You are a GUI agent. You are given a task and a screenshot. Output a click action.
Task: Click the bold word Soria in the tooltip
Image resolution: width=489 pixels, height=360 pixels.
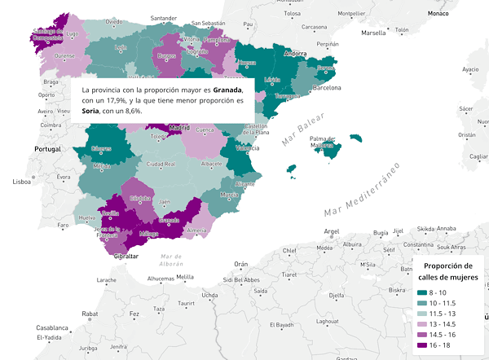[x=90, y=111]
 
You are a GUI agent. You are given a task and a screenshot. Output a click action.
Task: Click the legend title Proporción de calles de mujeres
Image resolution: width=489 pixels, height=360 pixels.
[x=447, y=272]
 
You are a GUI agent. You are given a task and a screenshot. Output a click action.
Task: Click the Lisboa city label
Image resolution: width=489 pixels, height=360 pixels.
[x=22, y=182]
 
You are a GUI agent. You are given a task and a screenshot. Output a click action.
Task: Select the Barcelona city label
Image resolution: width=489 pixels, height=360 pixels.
[x=327, y=86]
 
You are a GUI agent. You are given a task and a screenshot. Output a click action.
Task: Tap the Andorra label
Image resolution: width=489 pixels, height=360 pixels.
[x=294, y=54]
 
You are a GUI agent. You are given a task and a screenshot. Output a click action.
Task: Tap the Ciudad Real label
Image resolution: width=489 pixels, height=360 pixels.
[x=161, y=164]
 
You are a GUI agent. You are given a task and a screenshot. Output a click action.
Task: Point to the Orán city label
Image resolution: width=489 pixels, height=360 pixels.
[x=240, y=264]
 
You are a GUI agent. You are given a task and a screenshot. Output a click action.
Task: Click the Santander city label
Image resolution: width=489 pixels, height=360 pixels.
[x=164, y=17]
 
